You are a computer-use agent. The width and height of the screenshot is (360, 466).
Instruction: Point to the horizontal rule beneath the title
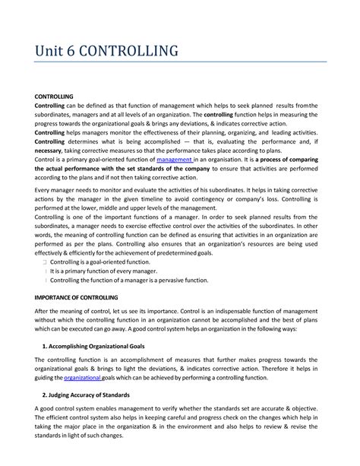coord(180,62)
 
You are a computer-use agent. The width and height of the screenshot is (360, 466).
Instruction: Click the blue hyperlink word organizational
coord(83,376)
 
